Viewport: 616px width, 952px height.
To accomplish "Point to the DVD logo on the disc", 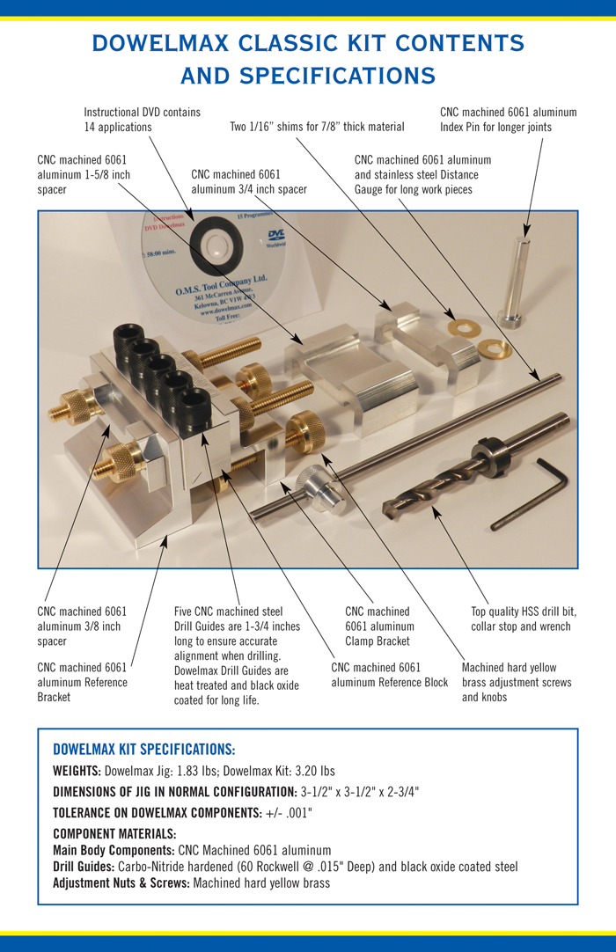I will tap(275, 234).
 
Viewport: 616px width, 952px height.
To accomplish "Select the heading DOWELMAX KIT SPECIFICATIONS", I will tap(143, 750).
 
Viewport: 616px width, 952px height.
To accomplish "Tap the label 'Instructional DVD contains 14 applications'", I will tap(142, 120).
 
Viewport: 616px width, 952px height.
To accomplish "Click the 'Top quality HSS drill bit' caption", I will tap(524, 619).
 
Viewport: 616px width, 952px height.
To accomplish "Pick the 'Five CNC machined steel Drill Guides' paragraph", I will tap(238, 655).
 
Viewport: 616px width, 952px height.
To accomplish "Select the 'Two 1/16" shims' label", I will tap(317, 127).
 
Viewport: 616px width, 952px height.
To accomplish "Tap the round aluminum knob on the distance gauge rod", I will tap(312, 483).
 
